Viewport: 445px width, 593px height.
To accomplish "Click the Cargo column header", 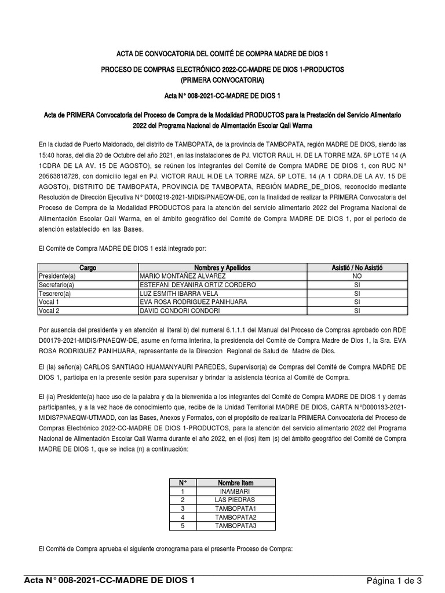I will (88, 268).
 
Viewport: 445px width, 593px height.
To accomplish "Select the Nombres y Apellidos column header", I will (222, 268).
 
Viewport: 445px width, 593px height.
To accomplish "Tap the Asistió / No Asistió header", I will (357, 268).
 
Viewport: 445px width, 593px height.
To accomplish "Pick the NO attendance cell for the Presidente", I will (357, 277).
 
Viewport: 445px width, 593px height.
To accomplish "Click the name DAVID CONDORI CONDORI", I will (180, 311).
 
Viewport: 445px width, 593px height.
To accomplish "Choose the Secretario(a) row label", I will (57, 285).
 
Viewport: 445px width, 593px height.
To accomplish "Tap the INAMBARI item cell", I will (235, 491).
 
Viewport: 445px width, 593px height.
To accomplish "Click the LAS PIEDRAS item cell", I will (235, 500).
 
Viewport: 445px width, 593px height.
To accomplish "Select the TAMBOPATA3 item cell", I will (235, 526).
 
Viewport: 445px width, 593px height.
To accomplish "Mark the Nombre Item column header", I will (235, 482).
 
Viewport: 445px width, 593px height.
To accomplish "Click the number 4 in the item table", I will (183, 517).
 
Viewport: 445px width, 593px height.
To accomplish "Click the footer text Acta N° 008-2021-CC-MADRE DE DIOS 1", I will (110, 580).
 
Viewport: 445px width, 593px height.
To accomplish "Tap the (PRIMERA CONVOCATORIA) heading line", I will (222, 79).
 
